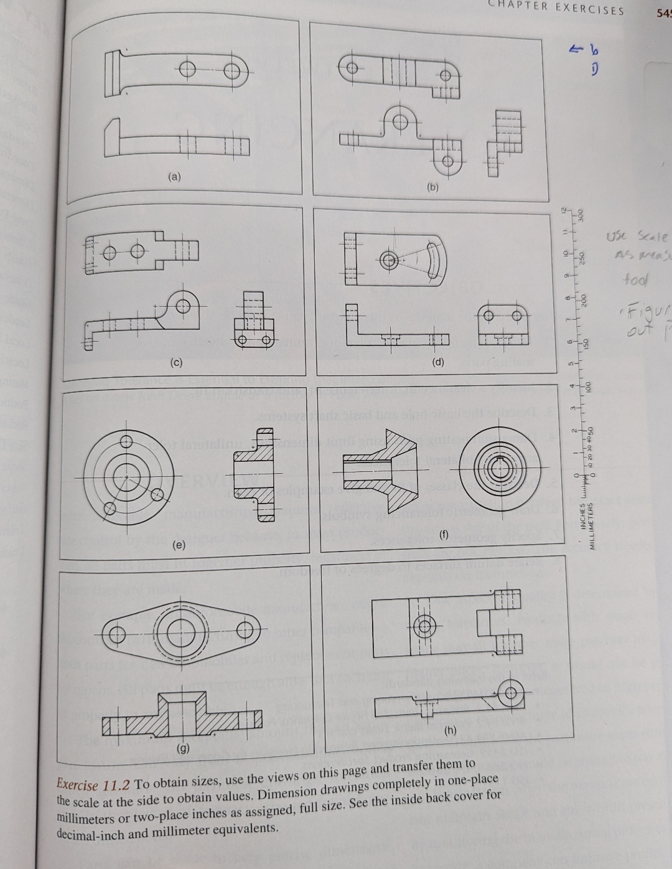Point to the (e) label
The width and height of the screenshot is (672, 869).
[x=179, y=545]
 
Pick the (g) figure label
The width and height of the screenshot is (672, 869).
[x=184, y=747]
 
